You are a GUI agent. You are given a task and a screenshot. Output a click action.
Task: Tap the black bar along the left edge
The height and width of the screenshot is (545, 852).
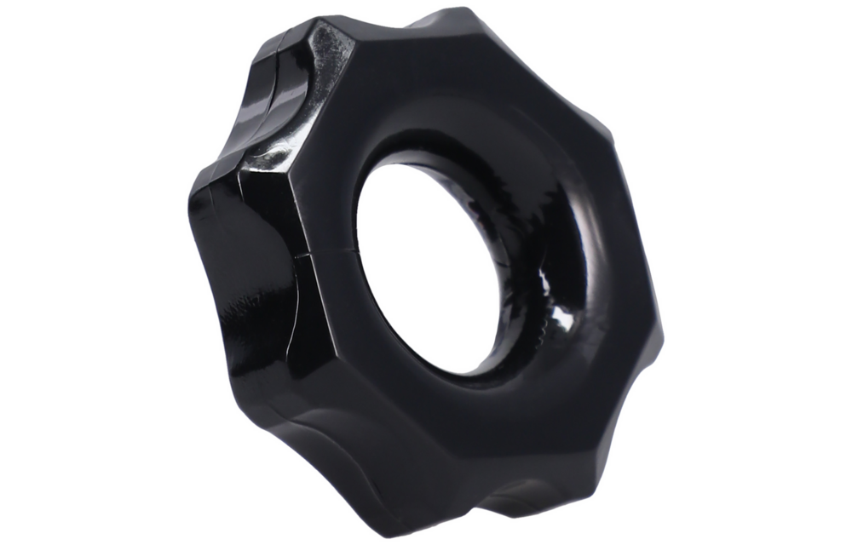(77, 272)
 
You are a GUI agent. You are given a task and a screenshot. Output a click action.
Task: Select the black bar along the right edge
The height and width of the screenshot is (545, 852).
(774, 272)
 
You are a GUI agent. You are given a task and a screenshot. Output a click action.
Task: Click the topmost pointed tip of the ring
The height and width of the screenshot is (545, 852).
(460, 10)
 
